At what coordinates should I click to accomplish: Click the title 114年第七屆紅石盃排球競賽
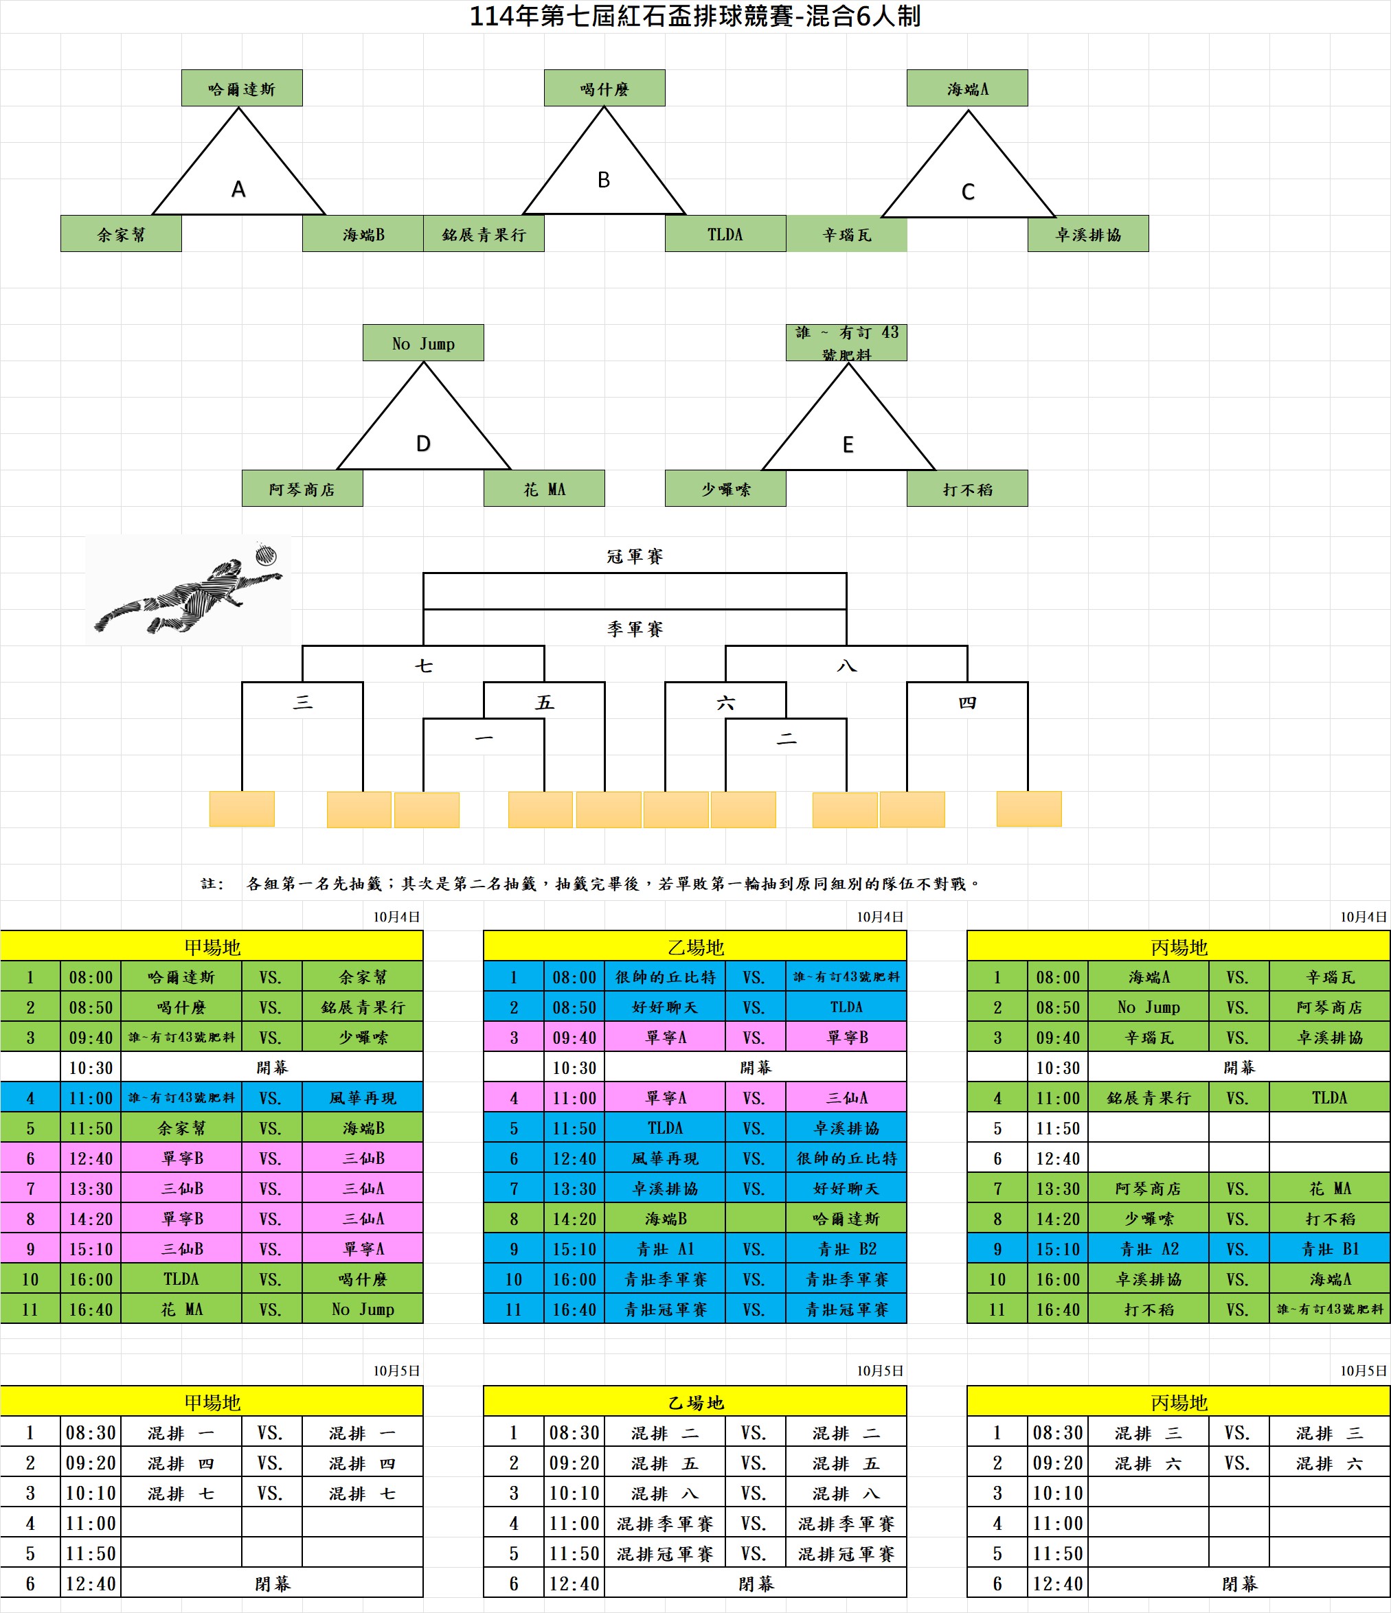694,16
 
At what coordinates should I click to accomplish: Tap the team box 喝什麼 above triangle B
604,89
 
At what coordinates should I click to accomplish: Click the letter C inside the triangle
967,192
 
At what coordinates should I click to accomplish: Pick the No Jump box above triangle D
423,343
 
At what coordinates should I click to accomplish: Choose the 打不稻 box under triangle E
967,489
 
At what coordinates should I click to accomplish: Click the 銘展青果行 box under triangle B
484,234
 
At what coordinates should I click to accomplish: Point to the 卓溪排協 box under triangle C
1088,234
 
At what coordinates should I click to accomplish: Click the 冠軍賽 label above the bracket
635,556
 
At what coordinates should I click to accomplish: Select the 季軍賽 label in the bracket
635,628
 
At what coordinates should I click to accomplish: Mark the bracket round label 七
423,665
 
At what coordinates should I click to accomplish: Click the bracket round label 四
967,702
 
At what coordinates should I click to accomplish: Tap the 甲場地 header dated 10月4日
212,947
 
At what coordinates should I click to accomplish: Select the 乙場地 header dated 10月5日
694,1402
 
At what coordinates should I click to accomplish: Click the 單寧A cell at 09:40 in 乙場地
665,1037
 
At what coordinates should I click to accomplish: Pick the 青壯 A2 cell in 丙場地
1149,1248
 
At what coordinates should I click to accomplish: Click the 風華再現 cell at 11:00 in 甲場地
362,1097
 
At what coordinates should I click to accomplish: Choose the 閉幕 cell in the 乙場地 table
756,1583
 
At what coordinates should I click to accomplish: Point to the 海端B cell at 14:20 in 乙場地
665,1218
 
